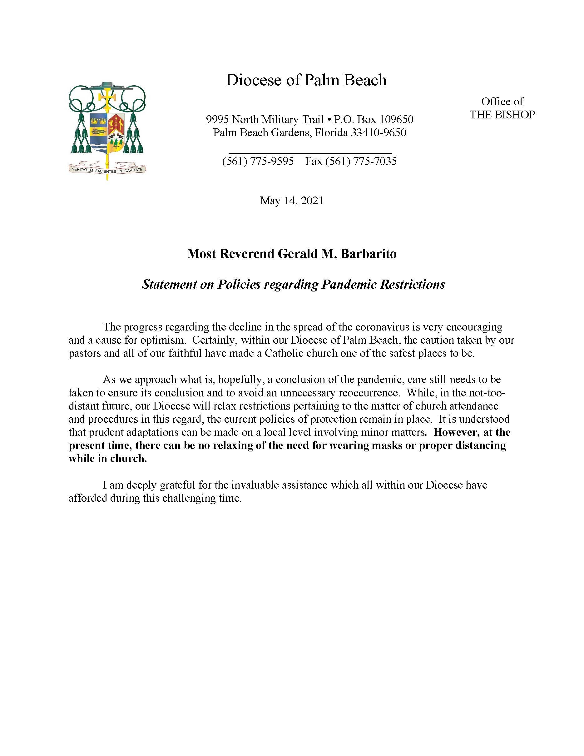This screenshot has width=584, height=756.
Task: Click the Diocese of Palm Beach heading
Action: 306,80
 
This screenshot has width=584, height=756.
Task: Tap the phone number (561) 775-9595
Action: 258,161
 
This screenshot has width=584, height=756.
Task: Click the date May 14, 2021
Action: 292,201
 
